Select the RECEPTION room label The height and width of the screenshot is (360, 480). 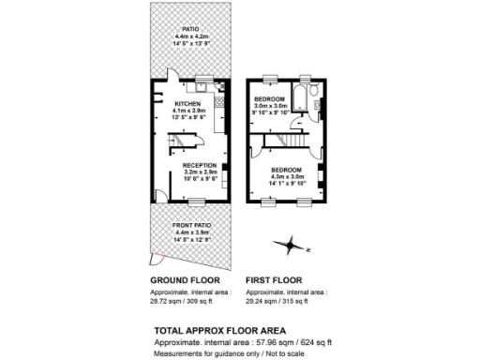tap(200, 165)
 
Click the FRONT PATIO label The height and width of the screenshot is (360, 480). tap(191, 226)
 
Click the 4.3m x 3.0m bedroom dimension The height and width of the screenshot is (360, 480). tap(288, 176)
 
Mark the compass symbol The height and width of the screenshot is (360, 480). tap(293, 247)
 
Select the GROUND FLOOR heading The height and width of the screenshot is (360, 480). tap(185, 280)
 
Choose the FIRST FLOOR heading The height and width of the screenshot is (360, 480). tap(276, 280)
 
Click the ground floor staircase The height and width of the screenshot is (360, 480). tap(184, 141)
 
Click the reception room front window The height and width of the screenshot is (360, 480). tap(197, 202)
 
